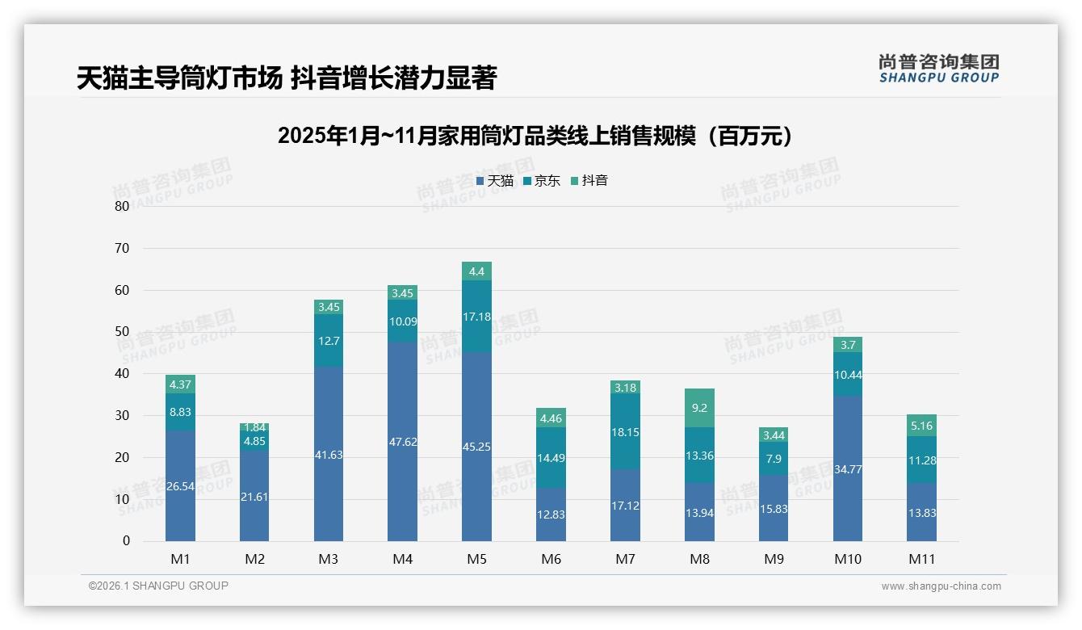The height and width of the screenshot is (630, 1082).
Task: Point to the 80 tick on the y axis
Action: point(122,206)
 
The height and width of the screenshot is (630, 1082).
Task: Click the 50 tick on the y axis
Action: point(122,332)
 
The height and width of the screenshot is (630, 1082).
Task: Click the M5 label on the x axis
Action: point(476,559)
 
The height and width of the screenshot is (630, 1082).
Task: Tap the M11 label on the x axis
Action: point(921,559)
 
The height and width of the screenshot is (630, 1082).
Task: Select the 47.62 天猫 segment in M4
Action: point(402,441)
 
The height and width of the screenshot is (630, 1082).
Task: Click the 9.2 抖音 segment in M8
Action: point(699,408)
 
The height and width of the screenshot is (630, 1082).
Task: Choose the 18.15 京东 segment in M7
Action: point(625,432)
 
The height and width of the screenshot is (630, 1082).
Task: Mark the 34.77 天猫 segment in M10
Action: point(847,468)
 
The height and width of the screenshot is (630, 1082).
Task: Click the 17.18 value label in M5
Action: point(476,317)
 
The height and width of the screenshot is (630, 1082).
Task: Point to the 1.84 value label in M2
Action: point(254,427)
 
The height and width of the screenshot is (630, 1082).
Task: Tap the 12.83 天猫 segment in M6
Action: point(551,514)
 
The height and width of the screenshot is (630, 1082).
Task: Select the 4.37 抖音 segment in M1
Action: point(180,384)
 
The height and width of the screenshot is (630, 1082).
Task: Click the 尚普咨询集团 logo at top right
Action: point(938,69)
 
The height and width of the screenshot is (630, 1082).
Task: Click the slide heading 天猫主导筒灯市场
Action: point(179,78)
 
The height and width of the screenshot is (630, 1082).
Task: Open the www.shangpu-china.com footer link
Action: point(941,586)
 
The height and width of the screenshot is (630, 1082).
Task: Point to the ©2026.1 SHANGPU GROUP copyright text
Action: point(158,586)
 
